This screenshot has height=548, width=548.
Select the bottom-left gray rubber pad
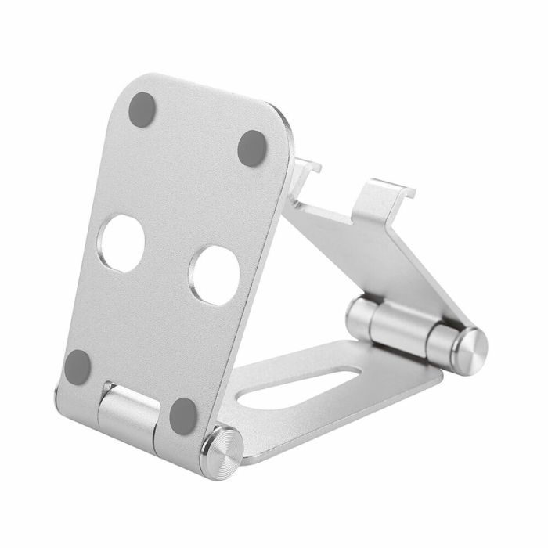click(x=78, y=366)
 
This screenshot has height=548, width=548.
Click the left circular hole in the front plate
click(x=123, y=243)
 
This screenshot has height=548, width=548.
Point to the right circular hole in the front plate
click(x=215, y=275)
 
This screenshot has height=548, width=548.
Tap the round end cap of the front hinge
click(x=220, y=451)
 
